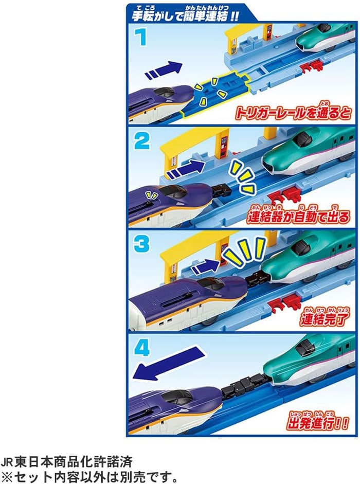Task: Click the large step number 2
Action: pos(142,141)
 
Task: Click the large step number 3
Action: pos(142,244)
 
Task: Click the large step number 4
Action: pos(142,347)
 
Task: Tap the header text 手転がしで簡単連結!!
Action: pos(185,15)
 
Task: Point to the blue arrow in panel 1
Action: pos(164,70)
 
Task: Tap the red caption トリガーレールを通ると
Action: pos(293,113)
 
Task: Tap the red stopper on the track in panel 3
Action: pos(285,300)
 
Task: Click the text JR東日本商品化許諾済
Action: pos(66,462)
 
